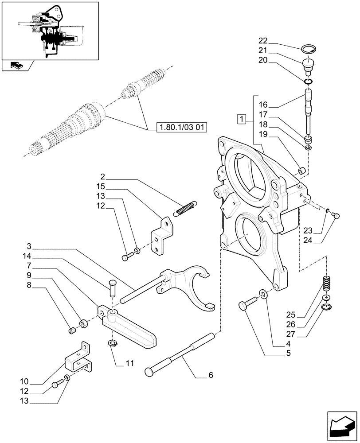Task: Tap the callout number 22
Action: pyautogui.click(x=262, y=43)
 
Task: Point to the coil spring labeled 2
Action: pyautogui.click(x=185, y=209)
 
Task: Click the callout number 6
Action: pyautogui.click(x=210, y=375)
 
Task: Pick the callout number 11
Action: pyautogui.click(x=129, y=363)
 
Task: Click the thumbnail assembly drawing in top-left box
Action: pyautogui.click(x=49, y=31)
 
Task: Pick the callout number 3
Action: pyautogui.click(x=28, y=246)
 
